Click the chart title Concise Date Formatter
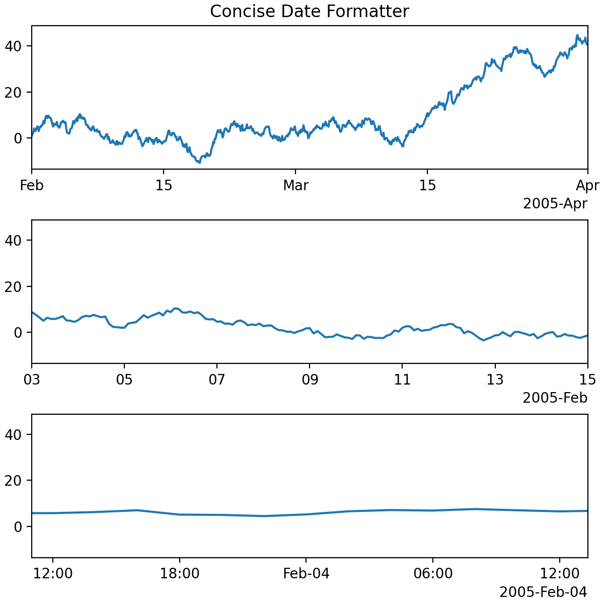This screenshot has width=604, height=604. [309, 11]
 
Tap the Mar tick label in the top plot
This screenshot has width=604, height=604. [295, 186]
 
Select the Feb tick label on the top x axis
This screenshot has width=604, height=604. [32, 186]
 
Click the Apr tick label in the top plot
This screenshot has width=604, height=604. [588, 186]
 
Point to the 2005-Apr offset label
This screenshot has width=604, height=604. [555, 204]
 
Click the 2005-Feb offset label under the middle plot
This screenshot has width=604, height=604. [555, 398]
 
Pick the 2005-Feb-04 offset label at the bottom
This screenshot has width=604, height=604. [543, 592]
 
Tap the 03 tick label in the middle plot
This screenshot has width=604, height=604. [32, 380]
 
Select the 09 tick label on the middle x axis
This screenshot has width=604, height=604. [310, 380]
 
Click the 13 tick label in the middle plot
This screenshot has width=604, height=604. [495, 380]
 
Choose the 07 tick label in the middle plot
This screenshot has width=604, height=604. [217, 380]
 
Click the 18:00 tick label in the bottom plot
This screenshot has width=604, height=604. [180, 574]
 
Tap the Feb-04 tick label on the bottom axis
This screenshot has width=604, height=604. [306, 574]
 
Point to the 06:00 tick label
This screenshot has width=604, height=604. [433, 574]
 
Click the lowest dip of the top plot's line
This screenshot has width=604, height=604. [199, 162]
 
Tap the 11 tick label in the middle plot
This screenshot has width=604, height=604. [402, 380]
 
